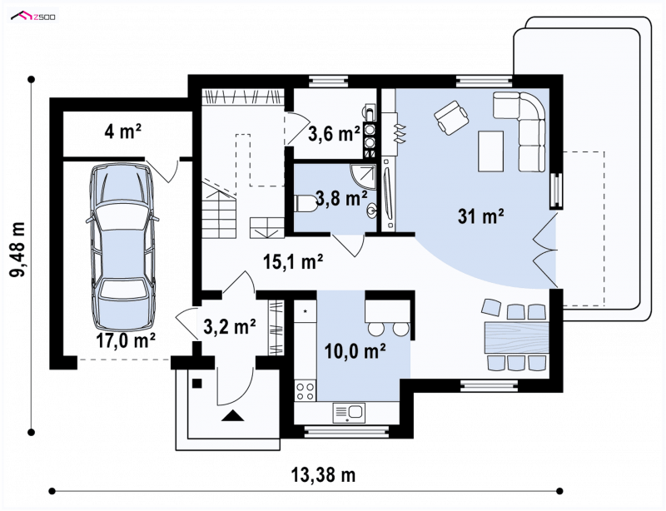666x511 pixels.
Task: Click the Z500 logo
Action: coord(33,16)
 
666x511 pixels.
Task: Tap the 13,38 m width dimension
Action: coord(323,474)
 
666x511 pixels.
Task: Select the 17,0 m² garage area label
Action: coord(125,340)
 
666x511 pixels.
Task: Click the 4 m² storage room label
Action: coord(122,131)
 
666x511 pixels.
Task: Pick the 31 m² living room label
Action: coord(481,216)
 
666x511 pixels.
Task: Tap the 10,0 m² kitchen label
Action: coord(355,351)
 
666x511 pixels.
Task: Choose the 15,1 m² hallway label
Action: coord(293,261)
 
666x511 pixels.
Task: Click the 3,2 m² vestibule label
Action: coord(230,326)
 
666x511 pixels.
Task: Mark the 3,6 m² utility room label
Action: coord(334,134)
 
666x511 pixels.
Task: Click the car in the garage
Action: coord(122,246)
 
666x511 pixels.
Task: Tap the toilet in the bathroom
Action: coord(305,203)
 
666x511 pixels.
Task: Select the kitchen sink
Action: coord(349,412)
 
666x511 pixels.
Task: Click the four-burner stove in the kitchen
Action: coord(305,391)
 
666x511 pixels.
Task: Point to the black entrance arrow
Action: coord(233,415)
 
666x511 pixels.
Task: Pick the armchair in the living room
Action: coord(451,117)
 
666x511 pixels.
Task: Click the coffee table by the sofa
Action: coord(491,151)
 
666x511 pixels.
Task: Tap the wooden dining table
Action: coord(515,337)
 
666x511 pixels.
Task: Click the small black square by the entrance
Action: coord(196,384)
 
